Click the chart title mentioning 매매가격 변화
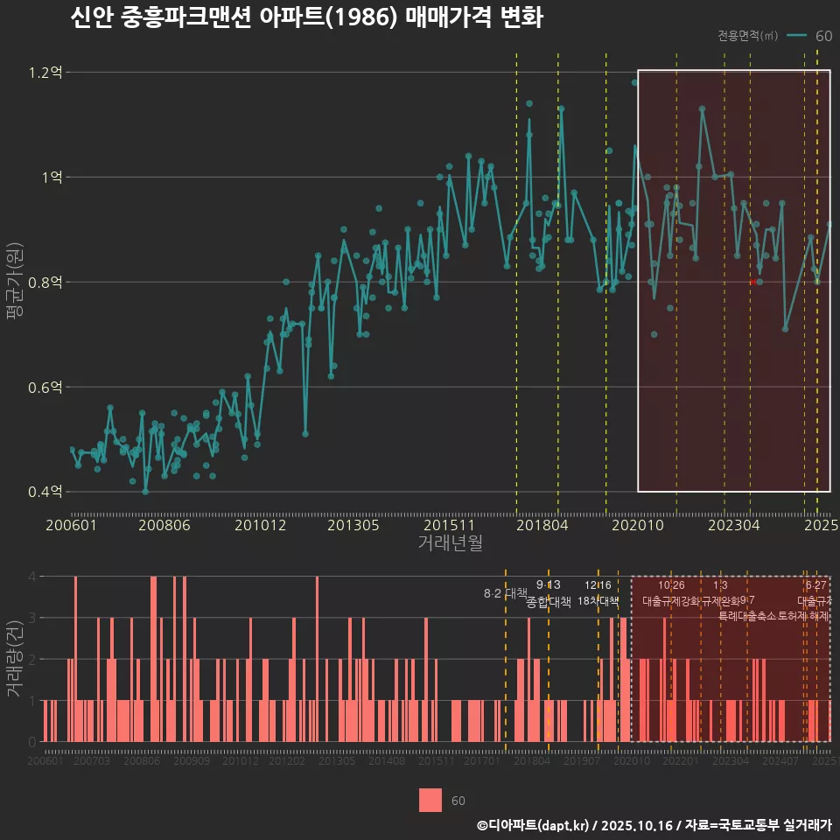(306, 18)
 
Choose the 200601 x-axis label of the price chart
(71, 525)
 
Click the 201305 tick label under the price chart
(353, 525)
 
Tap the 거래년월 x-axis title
(450, 543)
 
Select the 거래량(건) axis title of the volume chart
(14, 659)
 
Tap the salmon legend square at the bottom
(430, 801)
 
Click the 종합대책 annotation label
(549, 602)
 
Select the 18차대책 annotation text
(598, 601)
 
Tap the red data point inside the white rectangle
(752, 281)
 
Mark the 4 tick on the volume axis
(31, 577)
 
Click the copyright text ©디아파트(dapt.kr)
(534, 825)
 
